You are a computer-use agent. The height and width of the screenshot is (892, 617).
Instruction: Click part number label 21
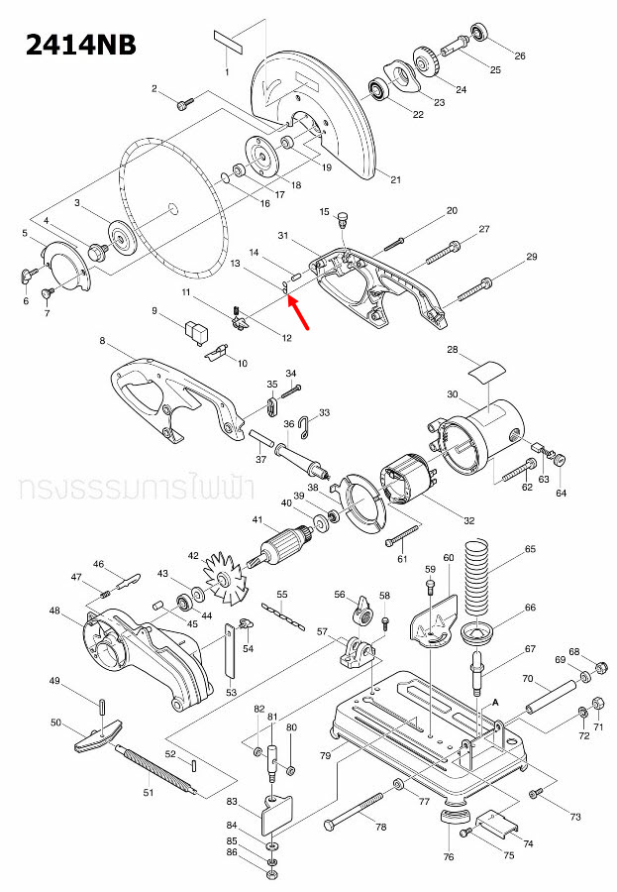point(395,179)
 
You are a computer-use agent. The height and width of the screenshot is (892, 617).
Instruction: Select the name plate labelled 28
point(483,374)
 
